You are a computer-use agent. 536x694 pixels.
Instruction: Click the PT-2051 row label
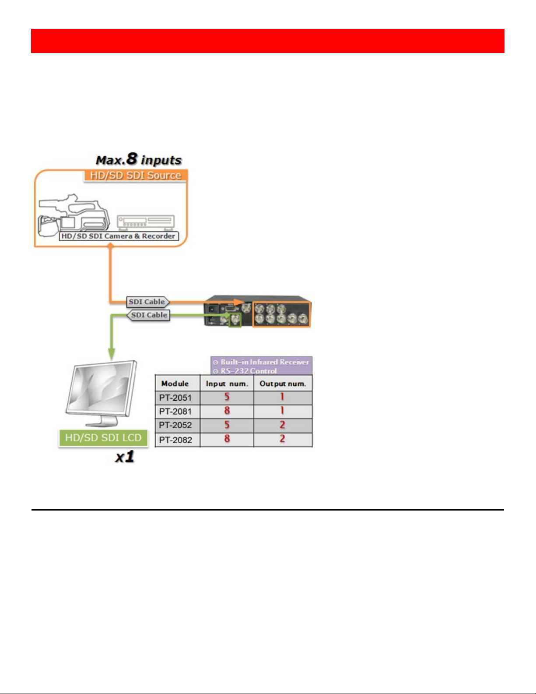(175, 398)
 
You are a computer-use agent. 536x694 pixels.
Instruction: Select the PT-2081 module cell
(175, 412)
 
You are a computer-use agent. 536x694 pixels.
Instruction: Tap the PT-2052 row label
(175, 425)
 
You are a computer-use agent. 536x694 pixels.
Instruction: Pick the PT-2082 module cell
(175, 440)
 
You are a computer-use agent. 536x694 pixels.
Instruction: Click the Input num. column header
(227, 384)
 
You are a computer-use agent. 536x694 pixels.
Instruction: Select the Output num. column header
(283, 384)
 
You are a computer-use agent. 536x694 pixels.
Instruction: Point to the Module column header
(175, 384)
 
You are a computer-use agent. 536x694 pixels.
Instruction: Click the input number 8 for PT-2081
(227, 411)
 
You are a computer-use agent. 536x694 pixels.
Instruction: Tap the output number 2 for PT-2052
(282, 425)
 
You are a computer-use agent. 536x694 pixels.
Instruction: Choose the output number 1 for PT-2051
(282, 397)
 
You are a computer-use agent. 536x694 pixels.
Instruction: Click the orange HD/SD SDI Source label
(136, 176)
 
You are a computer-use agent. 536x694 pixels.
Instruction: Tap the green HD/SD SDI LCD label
(103, 438)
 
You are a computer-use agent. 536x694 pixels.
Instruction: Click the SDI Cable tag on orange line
(147, 302)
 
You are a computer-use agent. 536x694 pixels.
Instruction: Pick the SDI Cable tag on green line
(149, 315)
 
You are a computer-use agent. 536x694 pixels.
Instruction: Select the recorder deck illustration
(146, 222)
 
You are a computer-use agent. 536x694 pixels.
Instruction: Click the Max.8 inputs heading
(139, 160)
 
